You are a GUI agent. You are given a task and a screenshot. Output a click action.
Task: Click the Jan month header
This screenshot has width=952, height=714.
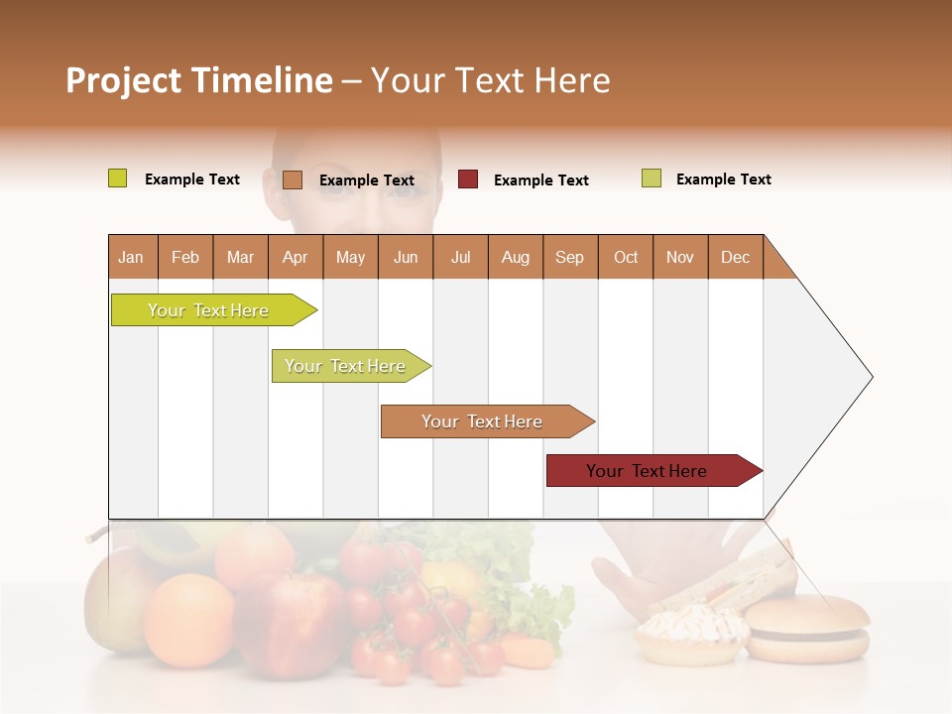click(x=131, y=257)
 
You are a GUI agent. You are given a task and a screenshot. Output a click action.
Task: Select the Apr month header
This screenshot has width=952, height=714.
click(x=295, y=257)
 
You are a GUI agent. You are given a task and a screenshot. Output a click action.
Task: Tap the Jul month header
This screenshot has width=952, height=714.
click(x=460, y=257)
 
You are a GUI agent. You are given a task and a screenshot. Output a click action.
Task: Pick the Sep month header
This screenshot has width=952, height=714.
click(x=569, y=257)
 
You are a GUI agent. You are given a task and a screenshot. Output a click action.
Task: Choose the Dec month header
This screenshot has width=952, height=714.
click(x=735, y=257)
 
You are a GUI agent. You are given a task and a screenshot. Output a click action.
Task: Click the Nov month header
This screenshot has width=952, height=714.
click(x=679, y=257)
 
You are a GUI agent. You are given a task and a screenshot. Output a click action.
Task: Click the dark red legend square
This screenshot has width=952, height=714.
click(x=468, y=179)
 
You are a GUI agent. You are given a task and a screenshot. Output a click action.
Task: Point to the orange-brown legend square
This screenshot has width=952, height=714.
click(x=293, y=179)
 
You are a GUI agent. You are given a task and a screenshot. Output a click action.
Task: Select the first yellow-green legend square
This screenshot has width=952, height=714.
click(x=118, y=178)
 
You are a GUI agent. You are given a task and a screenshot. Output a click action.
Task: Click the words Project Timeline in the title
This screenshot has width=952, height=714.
click(x=198, y=80)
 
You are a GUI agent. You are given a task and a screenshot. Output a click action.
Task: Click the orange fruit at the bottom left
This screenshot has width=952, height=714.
click(x=188, y=619)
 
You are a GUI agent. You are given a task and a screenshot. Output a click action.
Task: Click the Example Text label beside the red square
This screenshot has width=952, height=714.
click(x=540, y=180)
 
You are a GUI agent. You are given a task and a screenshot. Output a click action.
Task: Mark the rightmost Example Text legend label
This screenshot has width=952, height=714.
click(x=723, y=179)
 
